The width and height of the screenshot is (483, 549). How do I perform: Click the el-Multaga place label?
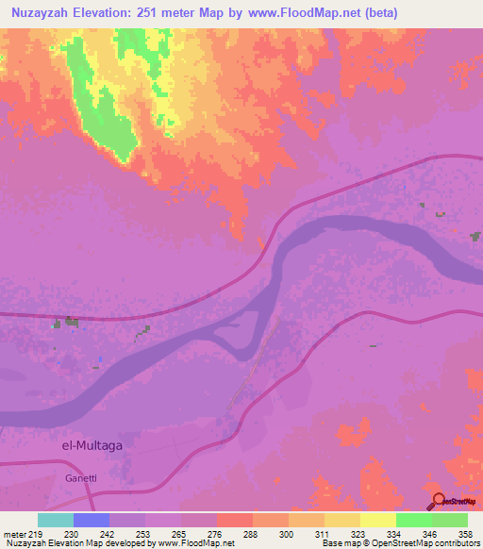click(92, 443)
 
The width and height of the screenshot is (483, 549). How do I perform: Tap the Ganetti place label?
click(81, 478)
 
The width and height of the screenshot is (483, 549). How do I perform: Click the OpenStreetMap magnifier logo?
click(439, 501)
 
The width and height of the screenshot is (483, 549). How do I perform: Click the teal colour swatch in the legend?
click(56, 520)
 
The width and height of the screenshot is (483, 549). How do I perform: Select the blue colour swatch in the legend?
click(92, 520)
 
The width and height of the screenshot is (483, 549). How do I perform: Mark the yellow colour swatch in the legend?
click(377, 520)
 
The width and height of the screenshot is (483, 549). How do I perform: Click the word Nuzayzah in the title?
click(43, 12)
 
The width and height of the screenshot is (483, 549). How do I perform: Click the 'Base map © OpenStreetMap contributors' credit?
click(400, 543)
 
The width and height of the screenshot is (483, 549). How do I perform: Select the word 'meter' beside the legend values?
click(12, 533)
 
